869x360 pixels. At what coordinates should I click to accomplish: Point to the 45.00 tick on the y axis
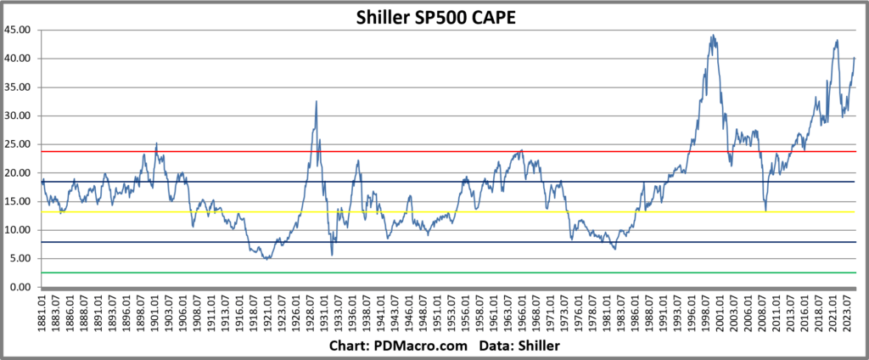(19, 30)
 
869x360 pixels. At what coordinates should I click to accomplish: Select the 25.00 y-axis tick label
(19, 144)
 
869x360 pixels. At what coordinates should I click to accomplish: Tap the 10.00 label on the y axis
(19, 230)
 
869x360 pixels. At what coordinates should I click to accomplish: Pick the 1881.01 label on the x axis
(42, 315)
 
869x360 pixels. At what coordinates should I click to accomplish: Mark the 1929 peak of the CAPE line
(317, 101)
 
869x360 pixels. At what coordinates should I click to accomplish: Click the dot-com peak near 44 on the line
(713, 36)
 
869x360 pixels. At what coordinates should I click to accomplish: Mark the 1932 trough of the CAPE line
(332, 255)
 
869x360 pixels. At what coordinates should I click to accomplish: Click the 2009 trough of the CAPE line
(765, 211)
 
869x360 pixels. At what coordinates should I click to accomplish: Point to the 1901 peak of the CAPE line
(156, 143)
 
